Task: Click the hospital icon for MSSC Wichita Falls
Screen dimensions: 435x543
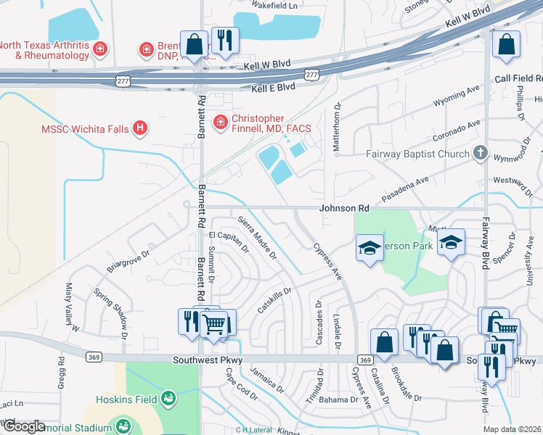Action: pyautogui.click(x=141, y=129)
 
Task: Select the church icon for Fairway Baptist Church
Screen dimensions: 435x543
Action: pyautogui.click(x=479, y=153)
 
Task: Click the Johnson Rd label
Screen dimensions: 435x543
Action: pyautogui.click(x=346, y=208)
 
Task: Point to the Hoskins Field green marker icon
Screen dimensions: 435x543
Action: pyautogui.click(x=168, y=398)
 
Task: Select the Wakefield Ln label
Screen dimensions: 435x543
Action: pyautogui.click(x=274, y=5)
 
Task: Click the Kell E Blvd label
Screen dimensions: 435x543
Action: pyautogui.click(x=273, y=86)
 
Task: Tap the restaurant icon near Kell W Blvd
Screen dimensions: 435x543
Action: pyautogui.click(x=225, y=40)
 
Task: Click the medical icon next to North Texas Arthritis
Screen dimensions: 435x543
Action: pyautogui.click(x=100, y=49)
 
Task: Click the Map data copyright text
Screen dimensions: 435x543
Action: pyautogui.click(x=513, y=429)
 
